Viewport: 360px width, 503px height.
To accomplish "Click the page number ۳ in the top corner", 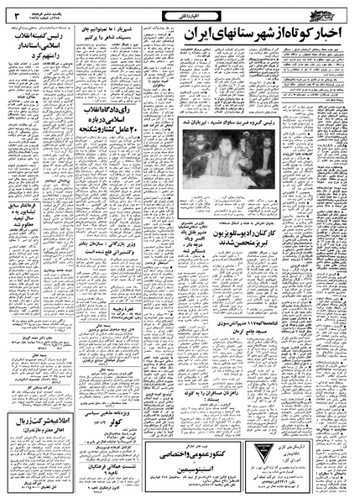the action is coord(18,12).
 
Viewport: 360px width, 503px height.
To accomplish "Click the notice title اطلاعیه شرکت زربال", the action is coord(37,401).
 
